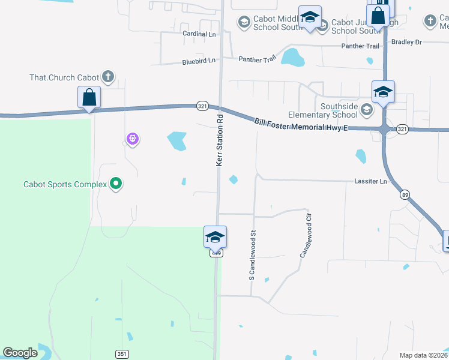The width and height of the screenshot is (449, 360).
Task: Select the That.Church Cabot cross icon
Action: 107,77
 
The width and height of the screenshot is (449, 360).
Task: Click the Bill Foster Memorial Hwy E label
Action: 301,124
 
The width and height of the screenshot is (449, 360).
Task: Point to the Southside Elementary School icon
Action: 366,110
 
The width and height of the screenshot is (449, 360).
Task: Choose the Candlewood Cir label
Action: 306,235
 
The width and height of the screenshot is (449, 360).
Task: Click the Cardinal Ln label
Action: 199,34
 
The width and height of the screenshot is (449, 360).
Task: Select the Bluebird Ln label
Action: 198,62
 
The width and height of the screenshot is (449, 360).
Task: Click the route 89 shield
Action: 405,194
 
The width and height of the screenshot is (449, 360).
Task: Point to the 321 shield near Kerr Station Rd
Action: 202,105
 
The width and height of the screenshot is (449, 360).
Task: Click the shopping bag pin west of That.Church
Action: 89,97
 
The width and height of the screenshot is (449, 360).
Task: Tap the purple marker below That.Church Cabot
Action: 133,140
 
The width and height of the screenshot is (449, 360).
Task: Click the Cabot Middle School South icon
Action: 244,23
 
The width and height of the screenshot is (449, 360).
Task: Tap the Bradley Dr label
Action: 406,42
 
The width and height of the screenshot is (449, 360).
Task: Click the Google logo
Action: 20,353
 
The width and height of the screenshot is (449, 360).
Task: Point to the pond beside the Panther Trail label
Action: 293,58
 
